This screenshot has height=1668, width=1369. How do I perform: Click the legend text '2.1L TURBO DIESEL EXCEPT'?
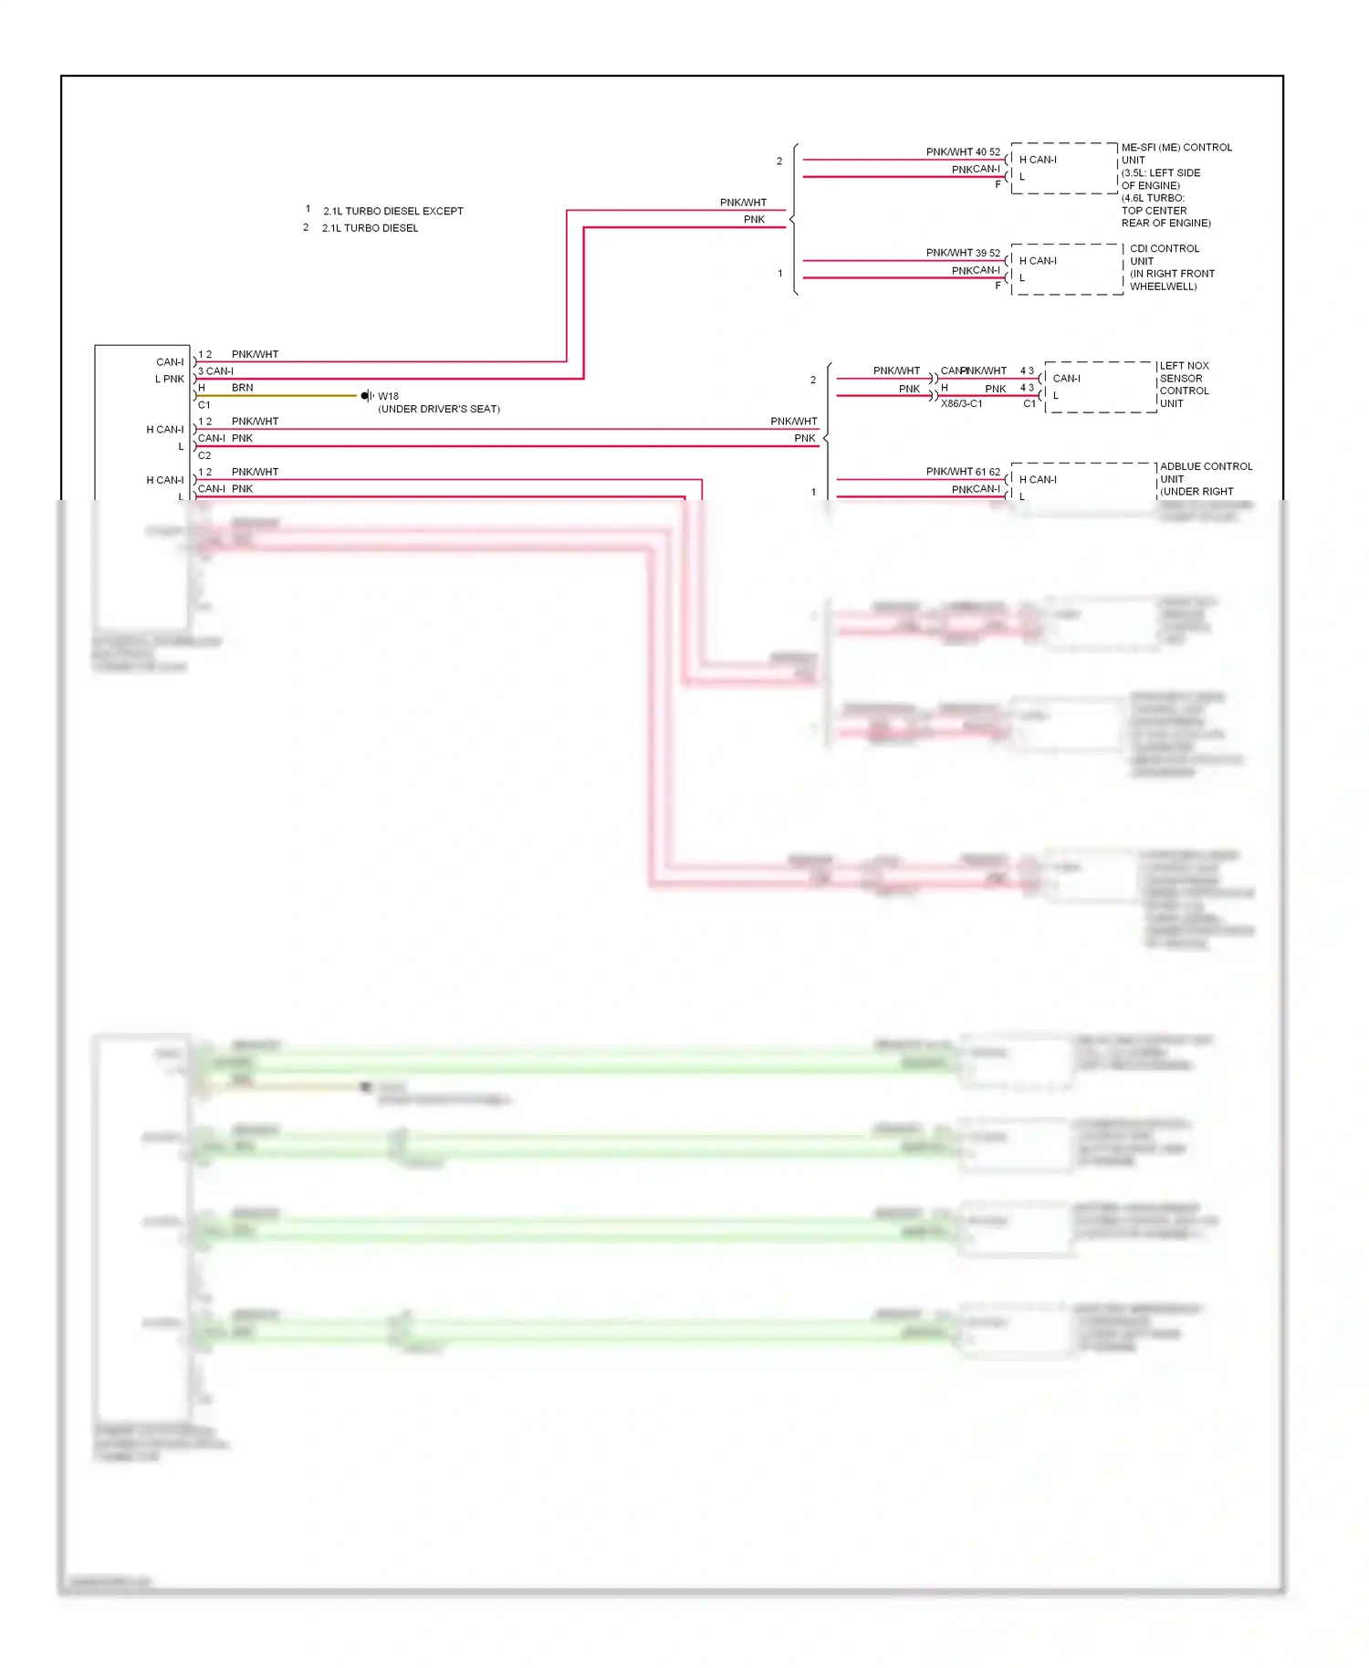click(393, 211)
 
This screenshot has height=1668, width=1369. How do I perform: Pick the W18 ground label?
click(389, 396)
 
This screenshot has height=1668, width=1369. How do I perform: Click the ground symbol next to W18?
click(366, 395)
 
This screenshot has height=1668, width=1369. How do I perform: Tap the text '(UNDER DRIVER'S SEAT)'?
click(439, 409)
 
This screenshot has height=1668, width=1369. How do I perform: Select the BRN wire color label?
click(242, 388)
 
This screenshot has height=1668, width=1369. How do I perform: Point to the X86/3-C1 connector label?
click(962, 403)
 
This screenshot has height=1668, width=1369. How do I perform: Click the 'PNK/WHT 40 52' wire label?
click(963, 152)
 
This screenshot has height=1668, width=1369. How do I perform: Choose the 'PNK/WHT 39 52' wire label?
click(963, 253)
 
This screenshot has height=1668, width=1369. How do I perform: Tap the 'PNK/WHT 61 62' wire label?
click(963, 472)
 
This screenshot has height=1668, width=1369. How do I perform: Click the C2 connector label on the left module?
click(204, 455)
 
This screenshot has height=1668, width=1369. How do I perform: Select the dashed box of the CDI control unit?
click(1066, 269)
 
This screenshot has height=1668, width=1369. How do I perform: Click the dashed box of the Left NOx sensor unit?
click(1101, 387)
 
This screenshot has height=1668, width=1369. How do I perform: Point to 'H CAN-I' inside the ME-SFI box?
click(1038, 160)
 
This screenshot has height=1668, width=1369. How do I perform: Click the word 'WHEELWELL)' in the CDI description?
click(1163, 287)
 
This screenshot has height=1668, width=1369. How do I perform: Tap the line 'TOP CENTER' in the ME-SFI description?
click(1154, 211)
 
